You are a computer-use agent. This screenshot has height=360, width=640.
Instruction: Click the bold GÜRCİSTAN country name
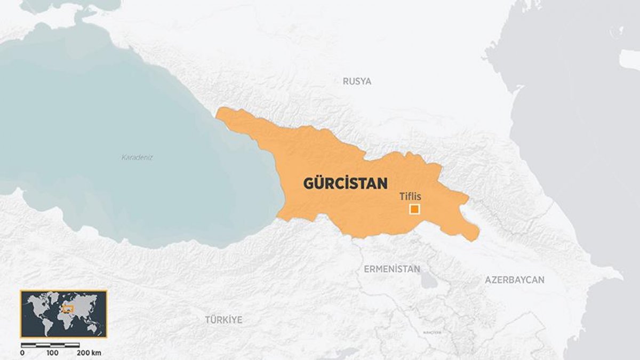click(345, 183)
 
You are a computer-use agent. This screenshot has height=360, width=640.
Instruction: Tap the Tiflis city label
click(410, 197)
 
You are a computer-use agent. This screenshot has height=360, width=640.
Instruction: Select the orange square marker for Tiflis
click(414, 210)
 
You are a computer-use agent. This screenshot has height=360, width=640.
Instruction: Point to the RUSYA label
click(357, 82)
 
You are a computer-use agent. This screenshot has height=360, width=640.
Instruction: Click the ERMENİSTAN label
click(391, 269)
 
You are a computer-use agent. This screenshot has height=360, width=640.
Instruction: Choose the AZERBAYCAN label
click(514, 279)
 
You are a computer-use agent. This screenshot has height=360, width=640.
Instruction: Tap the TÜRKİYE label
click(223, 320)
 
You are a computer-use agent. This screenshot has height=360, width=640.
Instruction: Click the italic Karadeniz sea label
click(137, 157)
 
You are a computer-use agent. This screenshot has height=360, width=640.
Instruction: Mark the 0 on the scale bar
click(22, 353)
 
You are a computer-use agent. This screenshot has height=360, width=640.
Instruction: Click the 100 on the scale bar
click(52, 353)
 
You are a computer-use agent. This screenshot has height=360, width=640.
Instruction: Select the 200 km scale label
click(88, 353)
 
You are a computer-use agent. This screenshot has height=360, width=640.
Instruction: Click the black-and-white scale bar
click(51, 346)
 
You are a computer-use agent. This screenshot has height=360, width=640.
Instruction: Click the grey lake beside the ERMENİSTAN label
click(428, 280)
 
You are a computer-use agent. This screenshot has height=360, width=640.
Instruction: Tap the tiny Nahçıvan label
click(432, 333)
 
